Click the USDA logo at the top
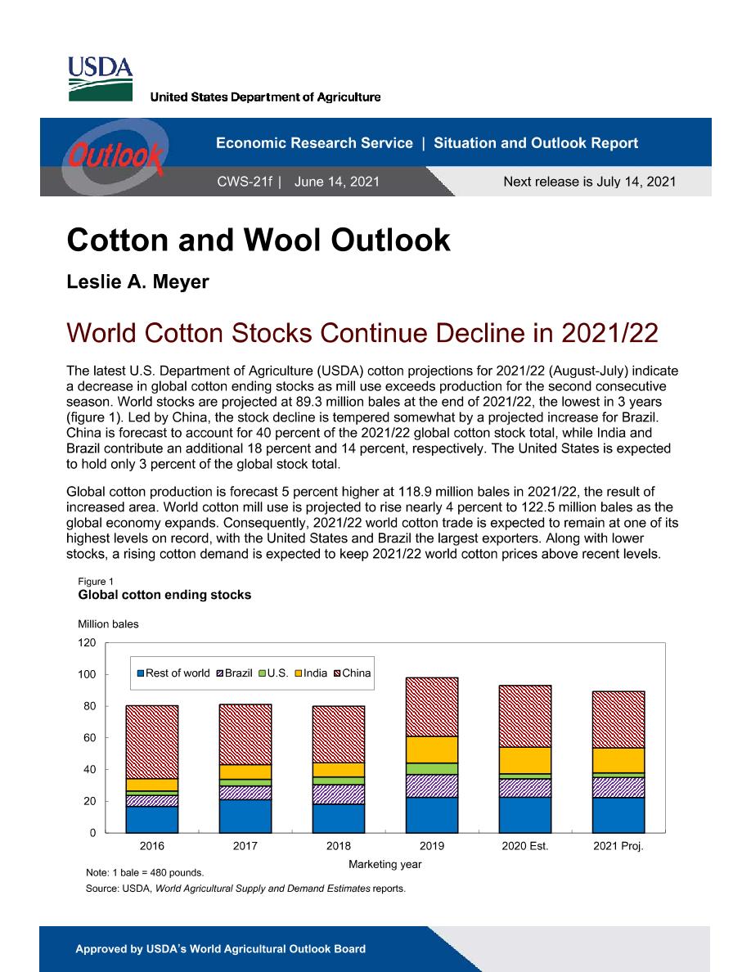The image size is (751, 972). (x=100, y=79)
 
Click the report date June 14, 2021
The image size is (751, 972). (x=336, y=182)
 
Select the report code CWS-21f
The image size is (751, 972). (x=245, y=182)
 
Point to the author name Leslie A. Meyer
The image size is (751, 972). (x=137, y=281)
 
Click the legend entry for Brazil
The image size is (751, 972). (x=234, y=673)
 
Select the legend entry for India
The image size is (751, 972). (x=310, y=673)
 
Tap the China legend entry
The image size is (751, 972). (x=352, y=673)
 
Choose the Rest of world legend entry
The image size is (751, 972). (x=173, y=673)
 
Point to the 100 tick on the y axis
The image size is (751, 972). (x=87, y=674)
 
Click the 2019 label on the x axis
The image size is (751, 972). (x=432, y=845)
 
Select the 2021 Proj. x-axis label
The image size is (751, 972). (x=618, y=845)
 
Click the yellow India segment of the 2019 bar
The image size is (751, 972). (x=432, y=750)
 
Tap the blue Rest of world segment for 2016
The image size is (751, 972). (x=152, y=820)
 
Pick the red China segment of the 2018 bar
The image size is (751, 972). (x=339, y=735)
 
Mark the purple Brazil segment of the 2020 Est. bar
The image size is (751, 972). (x=525, y=788)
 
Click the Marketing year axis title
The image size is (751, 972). (x=384, y=864)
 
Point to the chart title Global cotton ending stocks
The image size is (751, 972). (x=164, y=595)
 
